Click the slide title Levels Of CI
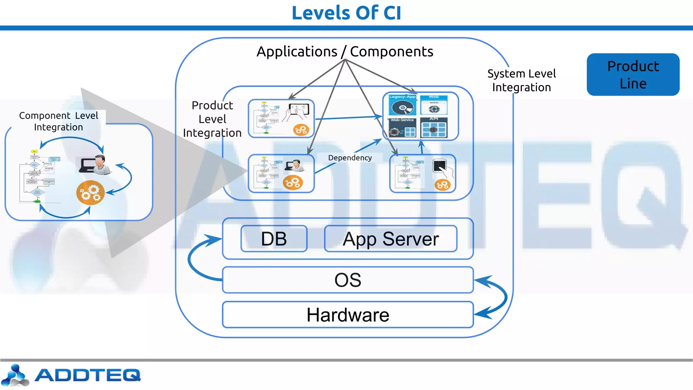(x=346, y=13)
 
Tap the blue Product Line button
(x=633, y=74)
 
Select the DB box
(x=274, y=239)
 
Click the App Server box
(x=390, y=239)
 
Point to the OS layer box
(x=348, y=280)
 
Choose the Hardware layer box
(x=348, y=315)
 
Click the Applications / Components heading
(x=344, y=52)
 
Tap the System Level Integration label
(x=521, y=80)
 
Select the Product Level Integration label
(x=212, y=119)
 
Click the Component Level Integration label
(x=59, y=121)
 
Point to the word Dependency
(x=350, y=158)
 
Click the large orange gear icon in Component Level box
(x=90, y=193)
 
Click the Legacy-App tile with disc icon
(x=402, y=106)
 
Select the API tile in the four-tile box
(x=434, y=128)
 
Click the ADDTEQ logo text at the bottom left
(x=87, y=375)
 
